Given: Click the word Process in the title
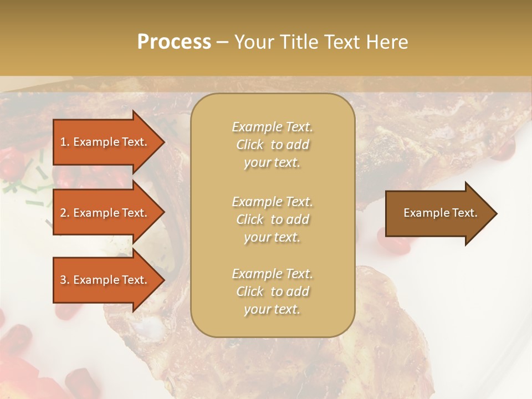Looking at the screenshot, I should (174, 42).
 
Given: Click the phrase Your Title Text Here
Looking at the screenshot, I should (321, 42).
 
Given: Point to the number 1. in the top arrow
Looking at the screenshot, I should (64, 142).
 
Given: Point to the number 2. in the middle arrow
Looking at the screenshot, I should (64, 213).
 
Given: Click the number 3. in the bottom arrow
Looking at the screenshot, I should (64, 280).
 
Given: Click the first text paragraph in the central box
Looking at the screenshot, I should (272, 145).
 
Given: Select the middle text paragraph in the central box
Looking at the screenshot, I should (272, 219).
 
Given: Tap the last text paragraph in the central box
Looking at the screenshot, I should (272, 291).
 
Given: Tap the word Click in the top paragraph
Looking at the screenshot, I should (250, 145).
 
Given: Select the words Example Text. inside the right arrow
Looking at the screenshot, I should (440, 213).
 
